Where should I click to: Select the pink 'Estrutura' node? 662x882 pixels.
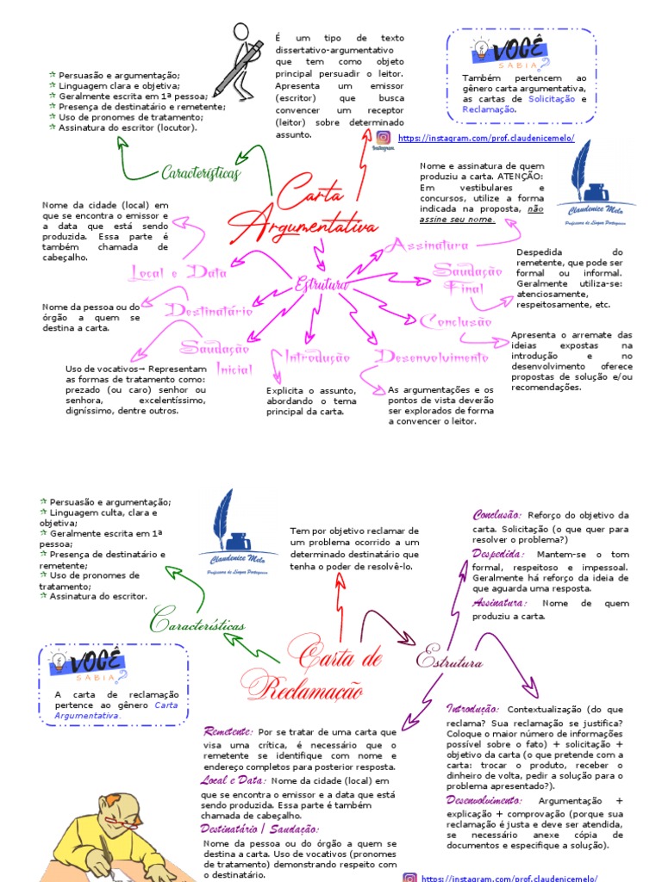point(321,284)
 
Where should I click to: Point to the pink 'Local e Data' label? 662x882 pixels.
point(178,273)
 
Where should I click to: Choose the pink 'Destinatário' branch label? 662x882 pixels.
point(209,311)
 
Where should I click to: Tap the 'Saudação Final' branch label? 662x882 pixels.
point(466,279)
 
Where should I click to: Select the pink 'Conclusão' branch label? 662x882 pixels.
point(455,322)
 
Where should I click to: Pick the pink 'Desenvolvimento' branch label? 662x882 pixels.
point(433,357)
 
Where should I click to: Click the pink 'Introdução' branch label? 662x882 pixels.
point(311,357)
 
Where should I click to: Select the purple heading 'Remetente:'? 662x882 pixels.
point(228,730)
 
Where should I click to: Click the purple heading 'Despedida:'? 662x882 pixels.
point(497,554)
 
